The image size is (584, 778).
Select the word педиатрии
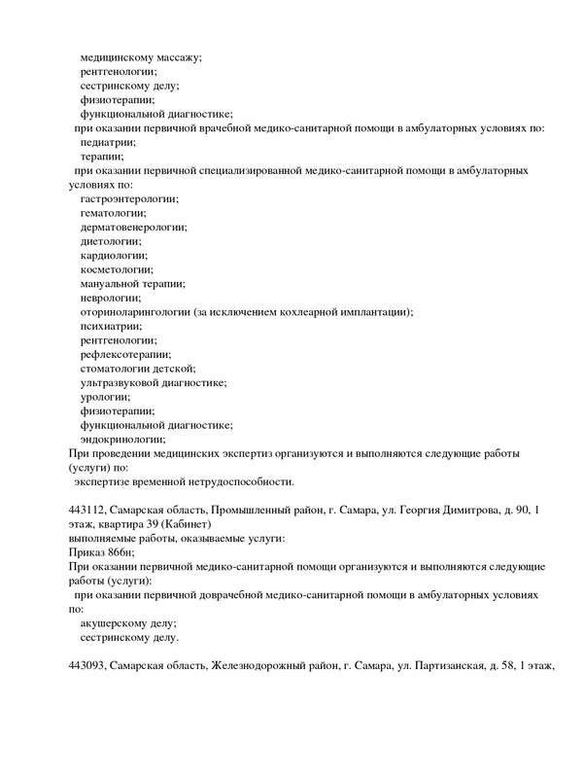109,142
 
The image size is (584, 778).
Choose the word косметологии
117,268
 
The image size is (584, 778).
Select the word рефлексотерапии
125,354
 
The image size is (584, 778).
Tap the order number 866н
128,552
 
